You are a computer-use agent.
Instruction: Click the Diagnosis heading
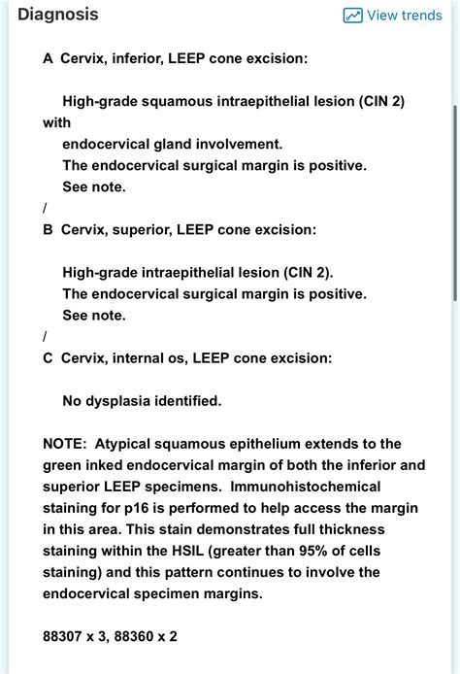(x=57, y=15)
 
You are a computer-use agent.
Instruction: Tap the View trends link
(x=404, y=16)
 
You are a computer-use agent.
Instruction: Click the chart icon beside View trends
(x=352, y=16)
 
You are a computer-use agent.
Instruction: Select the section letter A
(x=48, y=58)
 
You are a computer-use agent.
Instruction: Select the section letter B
(x=48, y=229)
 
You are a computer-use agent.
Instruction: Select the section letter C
(x=48, y=357)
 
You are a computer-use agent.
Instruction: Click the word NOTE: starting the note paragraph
(x=65, y=443)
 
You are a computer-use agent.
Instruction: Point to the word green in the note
(x=63, y=464)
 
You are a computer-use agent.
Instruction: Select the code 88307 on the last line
(x=65, y=635)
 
